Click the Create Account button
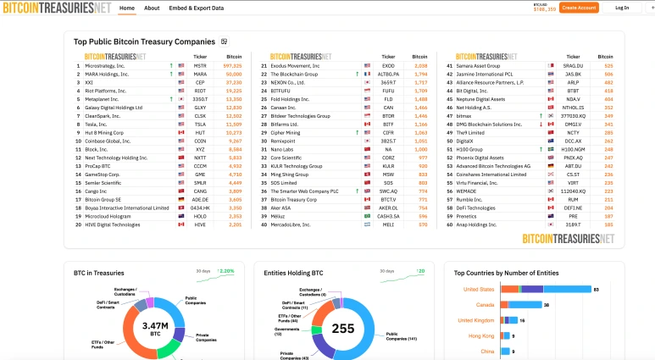tap(580, 8)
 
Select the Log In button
tap(622, 8)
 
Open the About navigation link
tap(152, 8)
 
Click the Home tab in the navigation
tap(126, 8)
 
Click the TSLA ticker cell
tap(200, 124)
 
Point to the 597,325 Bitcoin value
tap(232, 65)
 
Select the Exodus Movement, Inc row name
tap(295, 65)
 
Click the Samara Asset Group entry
tap(478, 65)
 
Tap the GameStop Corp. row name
tap(105, 174)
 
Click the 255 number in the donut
tap(343, 329)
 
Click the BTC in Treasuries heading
tap(99, 273)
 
